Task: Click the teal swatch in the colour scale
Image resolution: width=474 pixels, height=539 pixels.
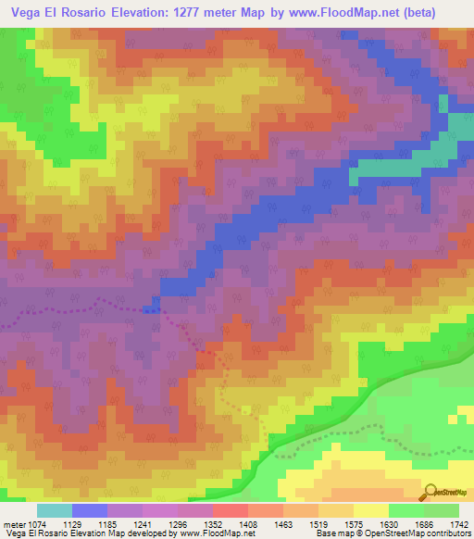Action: click(x=54, y=510)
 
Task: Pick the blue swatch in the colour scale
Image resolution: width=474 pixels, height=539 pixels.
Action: click(x=89, y=510)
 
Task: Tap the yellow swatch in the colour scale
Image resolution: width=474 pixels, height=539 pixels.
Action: click(x=370, y=510)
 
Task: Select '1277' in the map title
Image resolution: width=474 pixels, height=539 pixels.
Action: click(x=236, y=12)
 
